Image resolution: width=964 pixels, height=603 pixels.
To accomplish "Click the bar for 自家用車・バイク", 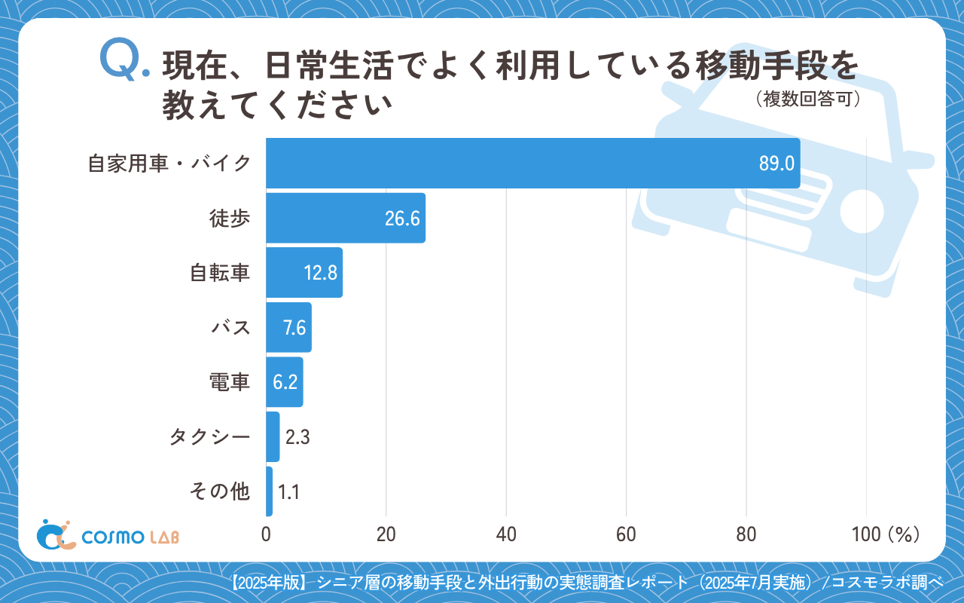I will point(532,163).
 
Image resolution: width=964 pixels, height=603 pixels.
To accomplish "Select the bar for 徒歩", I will point(346,218).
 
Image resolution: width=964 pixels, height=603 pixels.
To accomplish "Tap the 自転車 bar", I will point(304,272).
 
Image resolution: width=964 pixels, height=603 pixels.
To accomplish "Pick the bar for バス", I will point(288,327).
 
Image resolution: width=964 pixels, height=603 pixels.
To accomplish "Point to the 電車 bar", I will point(285,382).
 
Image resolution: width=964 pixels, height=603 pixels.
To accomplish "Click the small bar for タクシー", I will point(273,436).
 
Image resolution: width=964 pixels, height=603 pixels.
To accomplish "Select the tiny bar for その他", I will point(270,491).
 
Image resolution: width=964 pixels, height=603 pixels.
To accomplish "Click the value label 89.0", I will point(776,164).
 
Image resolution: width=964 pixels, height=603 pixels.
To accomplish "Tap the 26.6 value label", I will point(401,219).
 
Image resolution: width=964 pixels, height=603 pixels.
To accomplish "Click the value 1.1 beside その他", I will point(289,492).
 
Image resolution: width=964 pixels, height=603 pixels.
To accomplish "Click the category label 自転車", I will point(219,273).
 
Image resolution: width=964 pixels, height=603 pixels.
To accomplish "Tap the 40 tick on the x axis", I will point(506,534).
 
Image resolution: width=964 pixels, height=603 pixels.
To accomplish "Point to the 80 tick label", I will point(746,534).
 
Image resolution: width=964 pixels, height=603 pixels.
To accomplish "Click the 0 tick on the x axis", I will point(267,534).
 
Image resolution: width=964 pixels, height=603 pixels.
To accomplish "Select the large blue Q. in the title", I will point(124,60).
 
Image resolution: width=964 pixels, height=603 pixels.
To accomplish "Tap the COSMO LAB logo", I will point(108,534).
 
